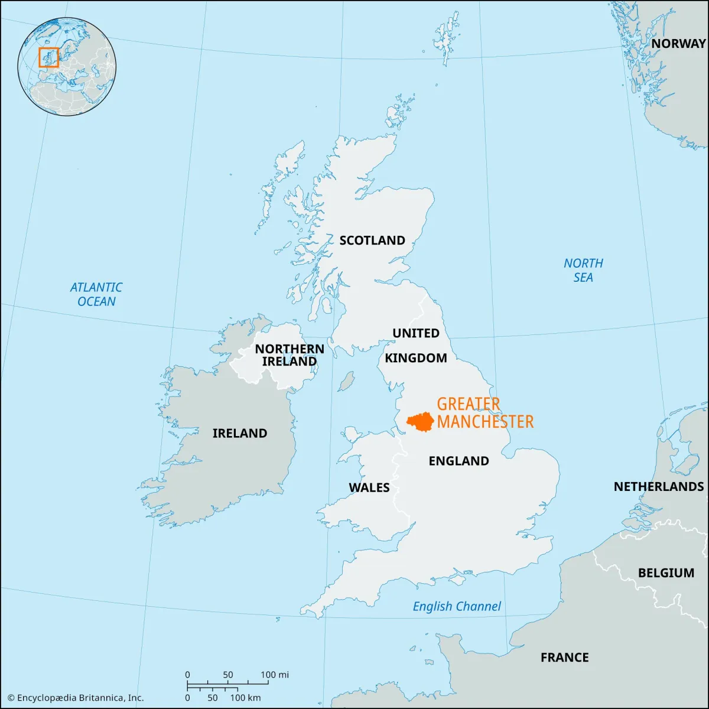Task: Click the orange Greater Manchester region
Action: point(421,421)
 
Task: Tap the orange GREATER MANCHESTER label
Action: point(484,413)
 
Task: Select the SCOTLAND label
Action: point(372,240)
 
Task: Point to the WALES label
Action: point(369,487)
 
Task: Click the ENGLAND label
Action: point(459,461)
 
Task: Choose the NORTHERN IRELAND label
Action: point(290,355)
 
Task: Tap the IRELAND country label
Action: point(240,433)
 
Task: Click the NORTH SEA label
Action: point(583,270)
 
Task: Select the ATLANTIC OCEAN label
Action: point(96,294)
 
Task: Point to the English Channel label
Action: point(457,606)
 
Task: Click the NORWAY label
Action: point(678,43)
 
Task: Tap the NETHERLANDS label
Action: point(659,486)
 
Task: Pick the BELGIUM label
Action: point(666,573)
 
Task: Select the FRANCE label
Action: point(565,657)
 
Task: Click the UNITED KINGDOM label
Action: point(416,346)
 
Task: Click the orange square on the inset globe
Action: point(48,57)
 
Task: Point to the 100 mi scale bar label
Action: point(275,675)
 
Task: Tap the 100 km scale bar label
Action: point(245,698)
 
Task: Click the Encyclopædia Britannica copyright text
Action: point(76,698)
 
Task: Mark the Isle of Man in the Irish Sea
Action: point(346,381)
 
